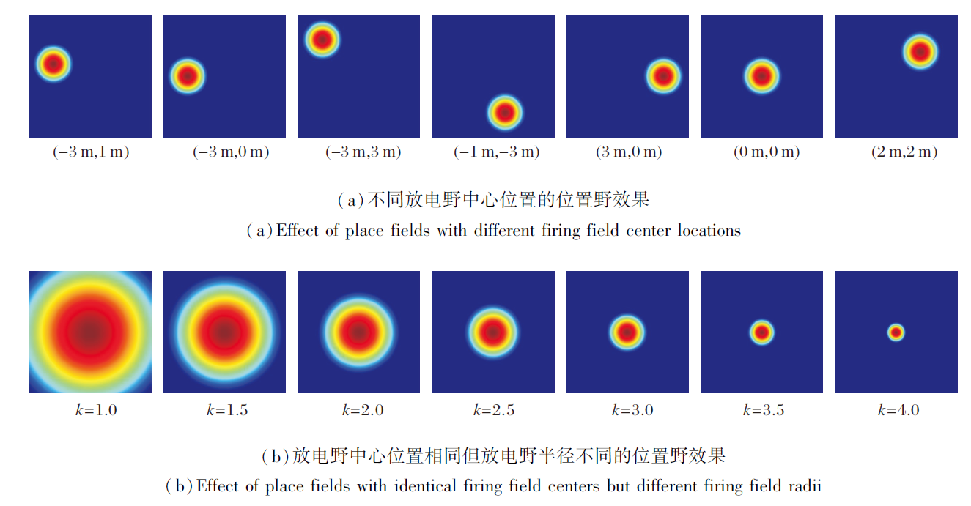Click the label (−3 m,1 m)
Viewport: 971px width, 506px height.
(90, 152)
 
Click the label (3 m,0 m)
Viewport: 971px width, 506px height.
(629, 152)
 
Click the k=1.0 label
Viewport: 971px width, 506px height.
(91, 410)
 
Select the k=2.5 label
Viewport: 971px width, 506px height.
(494, 410)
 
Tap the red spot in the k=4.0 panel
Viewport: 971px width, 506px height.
(896, 332)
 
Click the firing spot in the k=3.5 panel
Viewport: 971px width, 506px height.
(762, 332)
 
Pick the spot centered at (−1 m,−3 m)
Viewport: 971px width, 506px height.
(505, 112)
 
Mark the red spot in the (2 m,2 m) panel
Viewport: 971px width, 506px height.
(920, 51)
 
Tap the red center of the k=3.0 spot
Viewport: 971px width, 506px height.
(627, 332)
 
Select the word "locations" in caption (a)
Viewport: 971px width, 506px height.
(709, 231)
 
